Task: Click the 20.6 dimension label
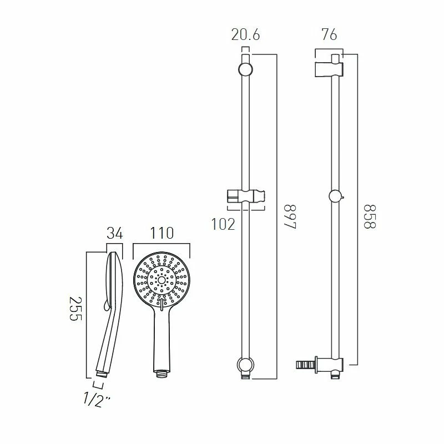coord(245,36)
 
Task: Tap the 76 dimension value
coord(329,36)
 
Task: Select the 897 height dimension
coord(289,219)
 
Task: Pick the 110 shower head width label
coord(161,233)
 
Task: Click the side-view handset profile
coord(108,311)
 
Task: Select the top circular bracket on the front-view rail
coord(245,70)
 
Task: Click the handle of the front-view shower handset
coord(161,339)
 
